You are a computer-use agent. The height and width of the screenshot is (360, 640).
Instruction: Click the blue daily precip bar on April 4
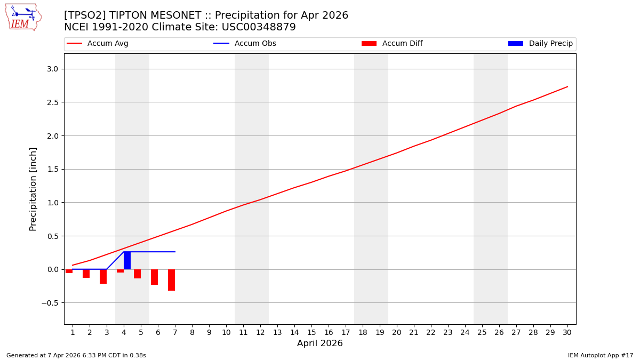127,260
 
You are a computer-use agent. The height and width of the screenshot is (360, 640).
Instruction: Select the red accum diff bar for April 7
171,279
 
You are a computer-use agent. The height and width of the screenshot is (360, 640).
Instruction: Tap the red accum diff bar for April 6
154,277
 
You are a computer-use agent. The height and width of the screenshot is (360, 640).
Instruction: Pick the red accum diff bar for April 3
103,276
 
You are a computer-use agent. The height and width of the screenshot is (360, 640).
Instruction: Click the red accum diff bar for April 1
69,271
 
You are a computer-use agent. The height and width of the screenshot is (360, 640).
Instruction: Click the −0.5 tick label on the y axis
51,303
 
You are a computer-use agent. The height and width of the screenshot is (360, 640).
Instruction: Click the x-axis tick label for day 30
567,332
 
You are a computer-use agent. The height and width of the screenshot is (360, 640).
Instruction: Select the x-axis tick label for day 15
311,332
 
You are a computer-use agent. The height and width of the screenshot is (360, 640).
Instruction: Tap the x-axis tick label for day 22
431,332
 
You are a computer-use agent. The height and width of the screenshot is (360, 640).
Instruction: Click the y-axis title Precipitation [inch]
33,189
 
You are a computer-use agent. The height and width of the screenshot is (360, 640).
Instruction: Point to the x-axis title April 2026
320,343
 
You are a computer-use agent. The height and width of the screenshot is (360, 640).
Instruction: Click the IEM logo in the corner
23,17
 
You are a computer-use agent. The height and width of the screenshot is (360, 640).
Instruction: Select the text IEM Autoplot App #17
601,355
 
